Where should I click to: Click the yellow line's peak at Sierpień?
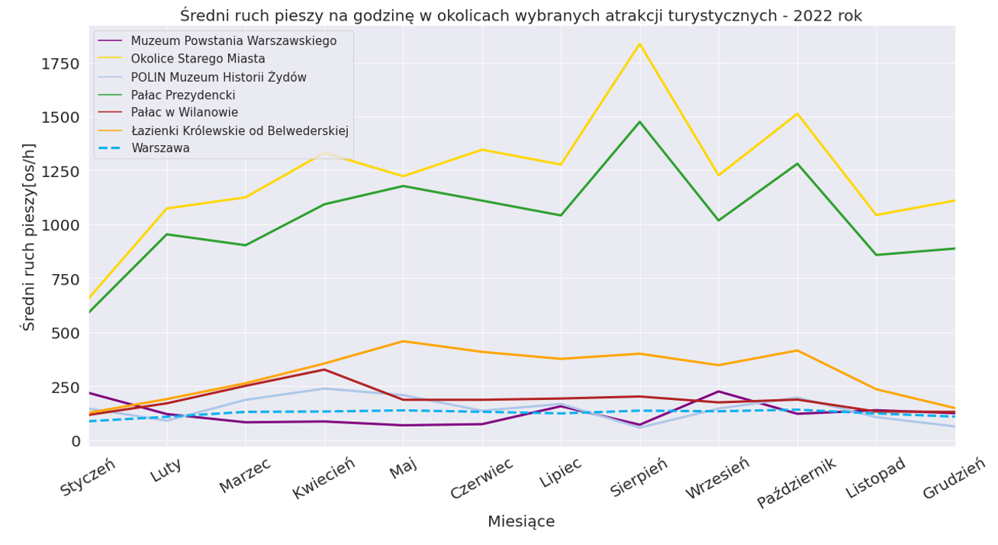639,44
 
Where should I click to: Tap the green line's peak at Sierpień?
639,121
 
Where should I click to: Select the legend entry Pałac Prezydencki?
182,95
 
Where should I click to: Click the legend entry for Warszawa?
160,148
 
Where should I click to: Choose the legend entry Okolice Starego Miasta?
198,59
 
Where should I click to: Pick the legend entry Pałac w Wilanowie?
184,113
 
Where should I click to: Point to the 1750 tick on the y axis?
60,63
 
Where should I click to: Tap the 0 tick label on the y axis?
76,441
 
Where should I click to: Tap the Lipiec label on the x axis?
560,472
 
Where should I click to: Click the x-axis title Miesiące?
521,522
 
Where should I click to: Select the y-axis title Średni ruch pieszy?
29,237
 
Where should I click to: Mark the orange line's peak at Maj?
404,341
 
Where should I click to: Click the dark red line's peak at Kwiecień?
324,369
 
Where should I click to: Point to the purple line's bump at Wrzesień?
718,392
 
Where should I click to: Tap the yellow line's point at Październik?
797,114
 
